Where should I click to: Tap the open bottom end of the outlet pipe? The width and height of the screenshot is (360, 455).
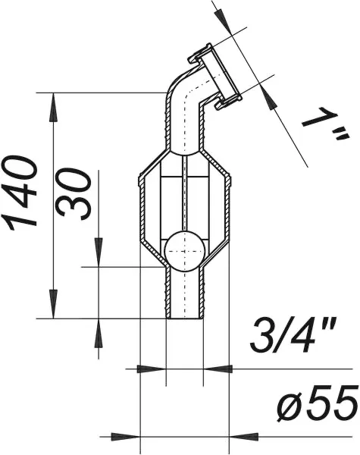(184, 318)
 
